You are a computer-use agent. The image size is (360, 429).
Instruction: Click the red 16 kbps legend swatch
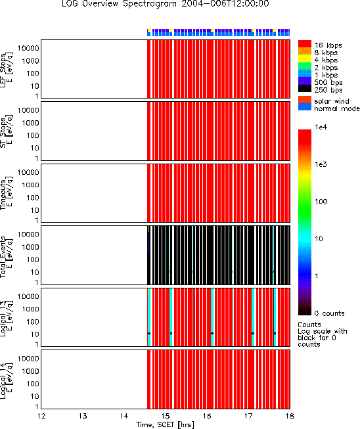coord(305,44)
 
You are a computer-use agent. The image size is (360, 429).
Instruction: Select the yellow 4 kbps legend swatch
coord(305,59)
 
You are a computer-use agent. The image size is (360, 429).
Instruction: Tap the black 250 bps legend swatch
coord(305,89)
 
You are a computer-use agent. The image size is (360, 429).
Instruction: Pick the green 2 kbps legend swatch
coord(305,66)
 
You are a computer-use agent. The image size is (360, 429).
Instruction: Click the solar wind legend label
coord(332,101)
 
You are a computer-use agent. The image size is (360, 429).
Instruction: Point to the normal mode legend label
coord(337,108)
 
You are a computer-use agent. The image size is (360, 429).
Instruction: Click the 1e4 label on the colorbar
coord(321,127)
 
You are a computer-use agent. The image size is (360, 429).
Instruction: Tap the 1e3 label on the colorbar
coord(321,164)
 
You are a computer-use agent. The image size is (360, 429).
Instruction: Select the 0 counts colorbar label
coord(329,313)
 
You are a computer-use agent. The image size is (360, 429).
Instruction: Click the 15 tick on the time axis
coord(166,416)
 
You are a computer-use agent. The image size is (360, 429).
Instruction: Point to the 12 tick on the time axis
coord(41,416)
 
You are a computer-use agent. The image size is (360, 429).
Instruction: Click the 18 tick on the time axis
coord(290,416)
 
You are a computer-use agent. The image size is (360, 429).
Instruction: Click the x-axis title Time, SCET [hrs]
coord(165,424)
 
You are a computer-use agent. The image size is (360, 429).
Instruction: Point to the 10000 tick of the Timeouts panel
coord(28,172)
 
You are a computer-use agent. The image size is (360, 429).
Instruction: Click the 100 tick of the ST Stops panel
coord(33,135)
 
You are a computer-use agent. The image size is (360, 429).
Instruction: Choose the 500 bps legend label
coord(328,82)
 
